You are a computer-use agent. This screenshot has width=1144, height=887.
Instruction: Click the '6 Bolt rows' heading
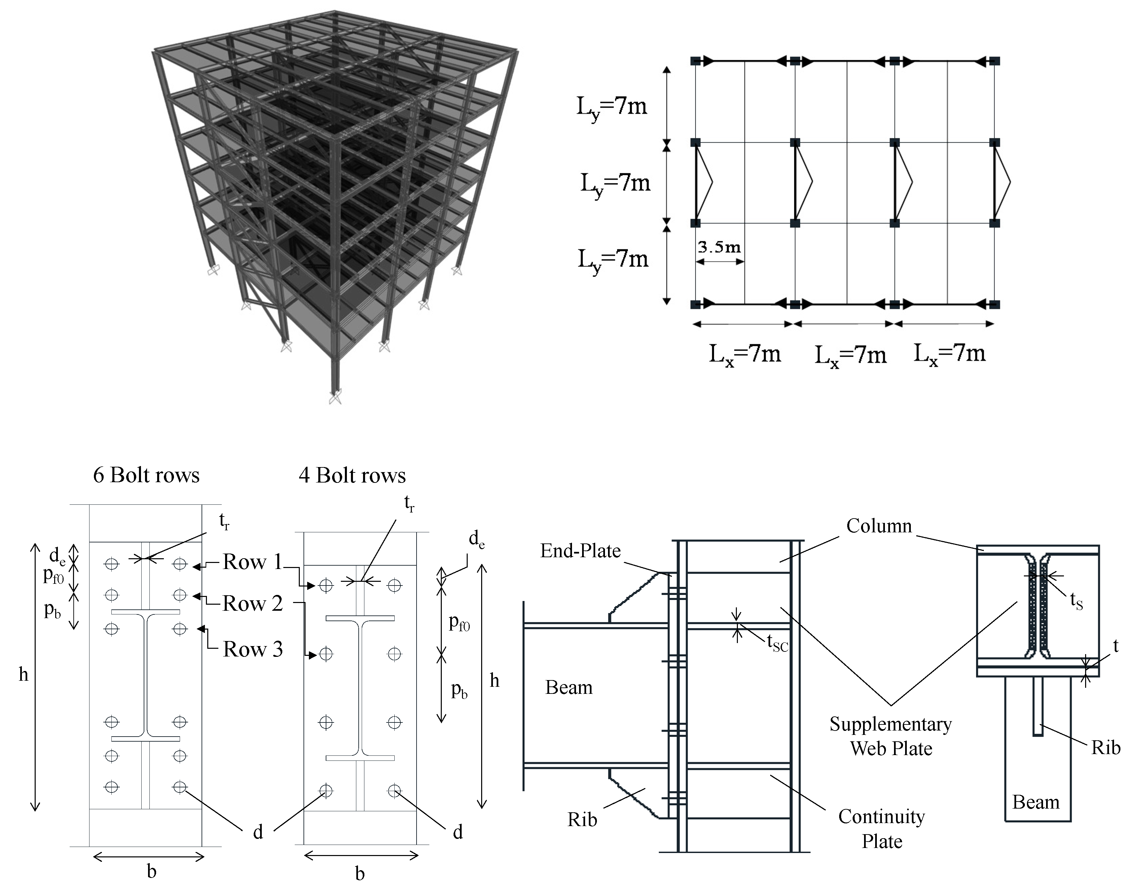[146, 475]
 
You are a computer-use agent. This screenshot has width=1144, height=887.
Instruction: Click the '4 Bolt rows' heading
[352, 475]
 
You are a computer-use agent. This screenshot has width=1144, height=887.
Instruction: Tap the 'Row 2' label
[252, 604]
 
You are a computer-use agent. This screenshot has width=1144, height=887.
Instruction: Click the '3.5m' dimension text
[719, 247]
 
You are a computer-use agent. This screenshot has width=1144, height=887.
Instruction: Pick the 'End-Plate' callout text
[580, 551]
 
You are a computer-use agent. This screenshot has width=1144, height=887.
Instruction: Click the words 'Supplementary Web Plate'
[891, 736]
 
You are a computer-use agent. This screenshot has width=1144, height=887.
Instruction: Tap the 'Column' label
[879, 526]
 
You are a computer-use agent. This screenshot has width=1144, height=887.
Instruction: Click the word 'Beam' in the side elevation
[569, 687]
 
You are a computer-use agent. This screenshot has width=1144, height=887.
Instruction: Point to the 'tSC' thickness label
[777, 642]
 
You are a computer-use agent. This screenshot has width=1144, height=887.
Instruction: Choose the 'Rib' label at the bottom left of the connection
[582, 819]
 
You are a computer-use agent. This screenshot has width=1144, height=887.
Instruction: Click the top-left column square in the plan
[695, 61]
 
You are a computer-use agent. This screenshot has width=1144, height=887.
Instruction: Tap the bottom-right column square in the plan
[994, 305]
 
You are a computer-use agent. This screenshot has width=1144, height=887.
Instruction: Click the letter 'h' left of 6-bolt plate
[24, 674]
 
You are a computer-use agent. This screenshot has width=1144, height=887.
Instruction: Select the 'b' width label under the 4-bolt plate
[360, 874]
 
